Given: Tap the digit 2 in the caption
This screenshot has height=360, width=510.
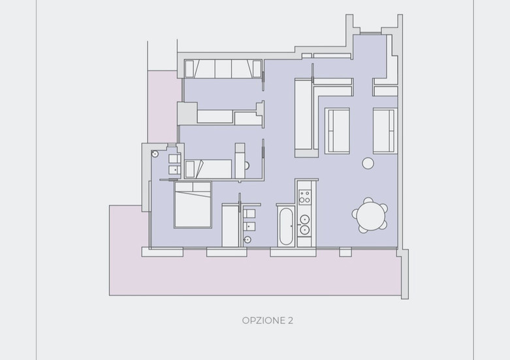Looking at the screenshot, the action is coord(291,321).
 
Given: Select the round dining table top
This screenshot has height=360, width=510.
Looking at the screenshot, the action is coord(370,215).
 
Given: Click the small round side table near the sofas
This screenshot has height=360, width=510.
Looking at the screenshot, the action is coord(368,163).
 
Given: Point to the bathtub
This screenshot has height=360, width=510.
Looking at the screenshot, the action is coord(285,227).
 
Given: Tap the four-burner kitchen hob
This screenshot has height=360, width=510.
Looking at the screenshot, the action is coord(305,197).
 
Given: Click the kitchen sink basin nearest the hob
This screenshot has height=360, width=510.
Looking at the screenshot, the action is coord(305,219).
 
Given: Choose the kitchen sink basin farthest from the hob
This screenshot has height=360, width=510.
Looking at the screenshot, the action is coord(305,230).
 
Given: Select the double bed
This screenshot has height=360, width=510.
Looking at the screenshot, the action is coord(193,205).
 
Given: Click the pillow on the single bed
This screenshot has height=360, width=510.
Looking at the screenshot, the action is coord(190,169).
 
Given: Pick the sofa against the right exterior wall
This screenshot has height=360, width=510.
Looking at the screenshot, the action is coord(385,131).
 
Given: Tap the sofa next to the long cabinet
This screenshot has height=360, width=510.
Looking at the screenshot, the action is coord(337,131).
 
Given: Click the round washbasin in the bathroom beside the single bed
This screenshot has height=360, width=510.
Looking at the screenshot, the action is coord(155,154).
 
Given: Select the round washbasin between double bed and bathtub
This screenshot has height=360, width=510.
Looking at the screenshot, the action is coord(247,240).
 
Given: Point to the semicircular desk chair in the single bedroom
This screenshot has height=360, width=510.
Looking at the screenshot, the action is coord(247,166).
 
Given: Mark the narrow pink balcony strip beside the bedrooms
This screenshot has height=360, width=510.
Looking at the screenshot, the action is coord(164,106).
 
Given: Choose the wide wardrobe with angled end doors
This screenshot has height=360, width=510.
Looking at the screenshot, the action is coord(223,69).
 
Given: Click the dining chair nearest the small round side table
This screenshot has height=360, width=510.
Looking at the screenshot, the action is coord(368,199).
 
